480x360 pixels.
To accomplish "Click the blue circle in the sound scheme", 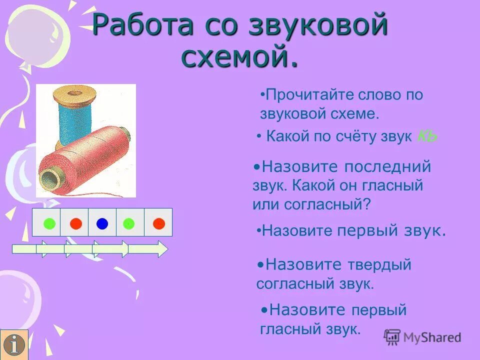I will (102, 223).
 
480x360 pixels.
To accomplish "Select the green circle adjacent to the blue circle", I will (129, 223).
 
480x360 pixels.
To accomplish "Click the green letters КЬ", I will (427, 136).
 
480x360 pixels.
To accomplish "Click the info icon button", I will (14, 345).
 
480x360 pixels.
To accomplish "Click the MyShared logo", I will (423, 337).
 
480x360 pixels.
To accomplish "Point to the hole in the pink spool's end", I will (48, 177).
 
